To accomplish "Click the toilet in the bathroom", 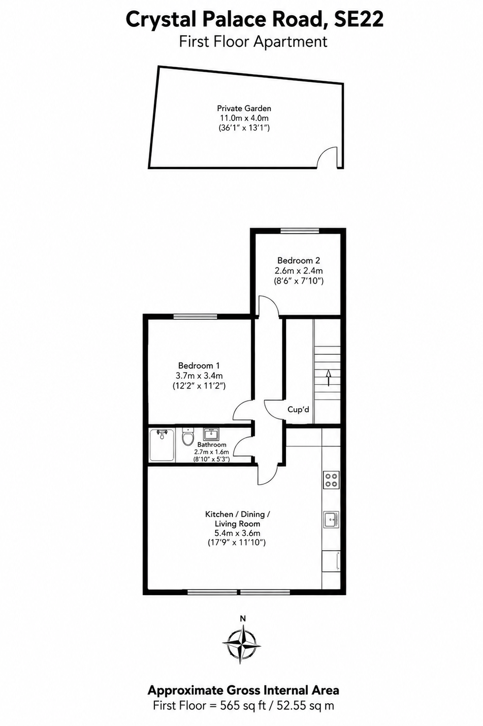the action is coord(187,436).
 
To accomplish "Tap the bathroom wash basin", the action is coord(211,434).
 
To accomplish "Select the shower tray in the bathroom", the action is coord(162,444).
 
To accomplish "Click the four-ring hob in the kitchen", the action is coord(331,480).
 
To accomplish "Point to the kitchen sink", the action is coord(331,520).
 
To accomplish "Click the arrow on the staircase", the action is coord(329,377).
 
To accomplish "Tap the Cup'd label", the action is coord(298,410).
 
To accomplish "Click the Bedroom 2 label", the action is coord(299,260).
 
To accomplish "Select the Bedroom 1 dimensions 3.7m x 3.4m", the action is coord(199,376).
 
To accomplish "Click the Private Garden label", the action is coord(244,108).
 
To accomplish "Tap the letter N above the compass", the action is coord(242,618).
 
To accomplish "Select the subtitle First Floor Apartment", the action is coord(253,42).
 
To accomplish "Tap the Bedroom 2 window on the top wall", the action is coord(300,231).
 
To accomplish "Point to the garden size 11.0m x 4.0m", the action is coord(244,118).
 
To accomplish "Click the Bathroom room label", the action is coord(212,444).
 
